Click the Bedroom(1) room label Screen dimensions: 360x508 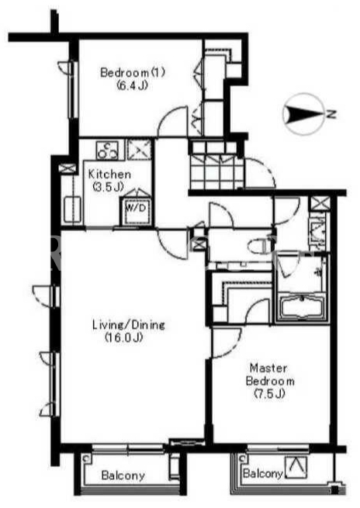133,72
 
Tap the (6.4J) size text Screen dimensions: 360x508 132,85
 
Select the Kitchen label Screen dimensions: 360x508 109,174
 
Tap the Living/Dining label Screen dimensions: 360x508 129,324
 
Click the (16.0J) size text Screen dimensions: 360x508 124,337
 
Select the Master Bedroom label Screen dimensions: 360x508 270,374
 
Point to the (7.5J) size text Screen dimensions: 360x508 269,393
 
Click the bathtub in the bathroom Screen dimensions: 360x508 301,309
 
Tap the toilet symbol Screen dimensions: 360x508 261,247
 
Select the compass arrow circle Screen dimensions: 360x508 302,114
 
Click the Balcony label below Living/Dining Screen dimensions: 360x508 123,475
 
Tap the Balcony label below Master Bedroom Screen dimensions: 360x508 262,474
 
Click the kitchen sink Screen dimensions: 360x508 72,209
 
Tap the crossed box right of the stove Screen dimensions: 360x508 140,150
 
